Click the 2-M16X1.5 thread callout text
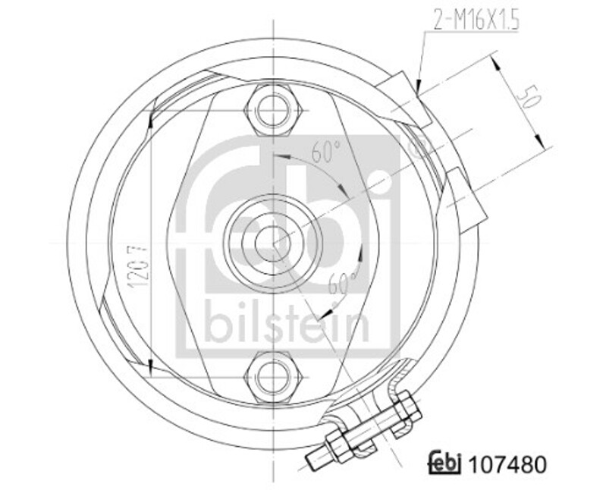pos(476,20)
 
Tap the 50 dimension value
pos(529,98)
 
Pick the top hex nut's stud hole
pos(274,110)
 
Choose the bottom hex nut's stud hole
pos(274,376)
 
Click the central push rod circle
pos(272,243)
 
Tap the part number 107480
pos(507,464)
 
